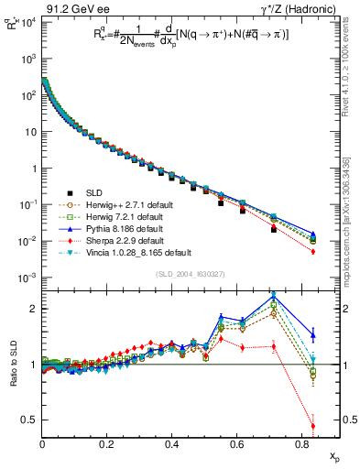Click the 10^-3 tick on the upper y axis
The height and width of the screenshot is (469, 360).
tap(26, 278)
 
